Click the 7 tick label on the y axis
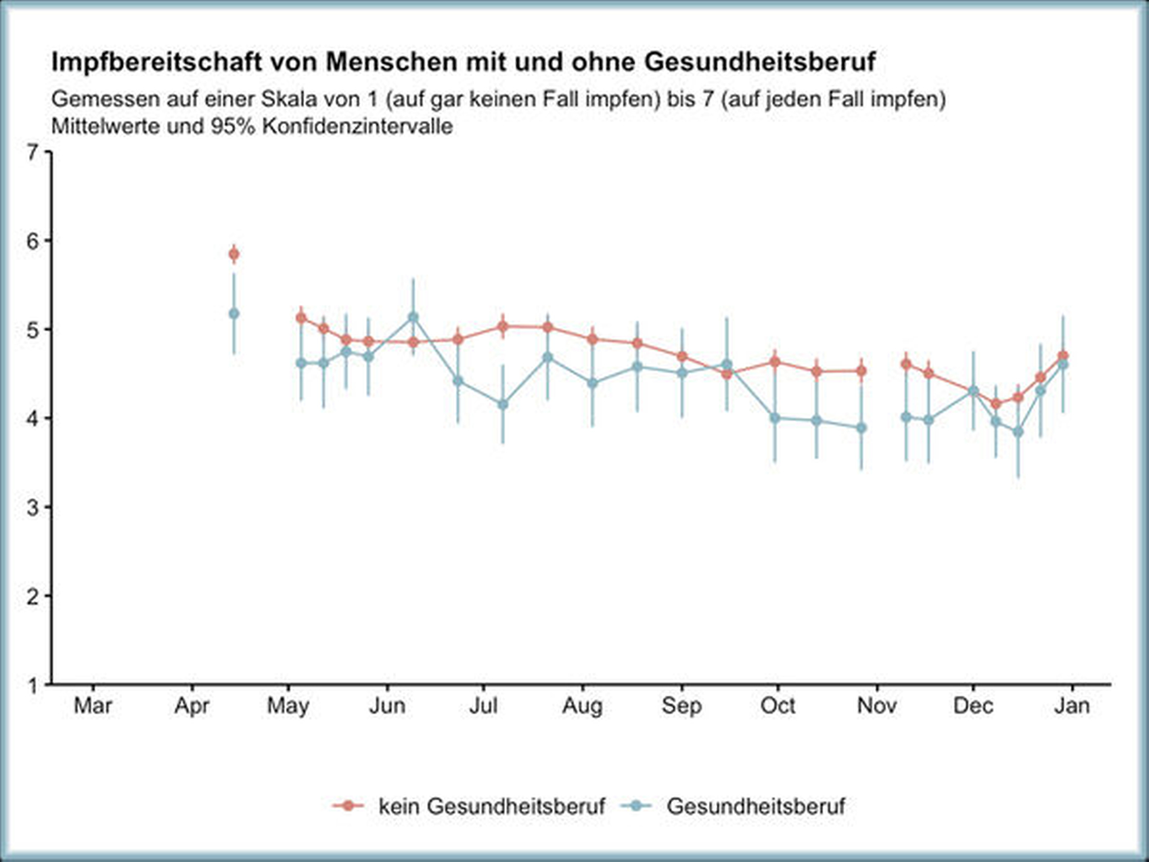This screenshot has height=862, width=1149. click(33, 152)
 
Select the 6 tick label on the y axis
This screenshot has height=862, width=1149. click(33, 241)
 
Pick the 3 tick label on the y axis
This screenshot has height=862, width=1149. click(33, 508)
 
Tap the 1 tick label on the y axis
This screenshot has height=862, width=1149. click(33, 685)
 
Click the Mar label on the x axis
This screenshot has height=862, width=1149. click(93, 706)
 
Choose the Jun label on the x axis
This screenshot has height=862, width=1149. click(387, 706)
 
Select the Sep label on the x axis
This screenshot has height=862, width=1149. click(682, 706)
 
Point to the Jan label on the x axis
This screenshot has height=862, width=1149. click(1072, 706)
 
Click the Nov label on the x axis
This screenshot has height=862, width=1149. click(877, 706)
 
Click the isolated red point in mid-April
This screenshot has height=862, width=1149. click(234, 254)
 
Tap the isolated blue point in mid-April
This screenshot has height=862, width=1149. click(234, 313)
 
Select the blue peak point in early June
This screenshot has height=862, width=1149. click(413, 317)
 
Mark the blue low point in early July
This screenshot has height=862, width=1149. click(503, 404)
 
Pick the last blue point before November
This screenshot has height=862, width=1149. click(862, 428)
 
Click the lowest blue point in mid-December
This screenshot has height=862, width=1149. click(1018, 432)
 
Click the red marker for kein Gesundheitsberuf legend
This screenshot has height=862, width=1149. click(348, 806)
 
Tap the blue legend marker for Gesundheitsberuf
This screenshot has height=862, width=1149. click(636, 806)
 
